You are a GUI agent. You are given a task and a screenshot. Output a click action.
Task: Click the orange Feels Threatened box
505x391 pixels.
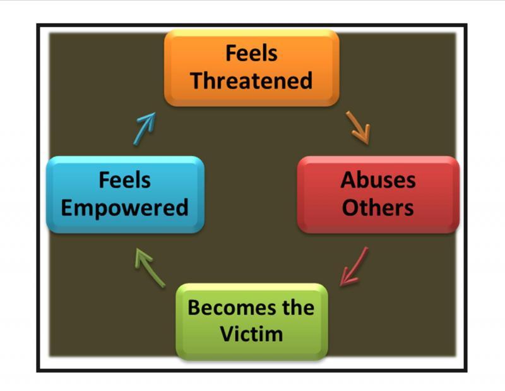click(251, 67)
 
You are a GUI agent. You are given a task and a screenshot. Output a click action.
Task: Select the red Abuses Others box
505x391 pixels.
click(377, 194)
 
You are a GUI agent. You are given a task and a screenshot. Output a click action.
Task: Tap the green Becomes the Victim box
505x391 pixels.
click(251, 321)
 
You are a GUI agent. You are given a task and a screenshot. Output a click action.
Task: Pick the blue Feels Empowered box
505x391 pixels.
click(125, 194)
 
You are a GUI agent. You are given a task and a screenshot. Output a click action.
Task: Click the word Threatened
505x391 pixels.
click(251, 80)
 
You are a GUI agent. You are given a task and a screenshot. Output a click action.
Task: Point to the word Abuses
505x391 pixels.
click(378, 180)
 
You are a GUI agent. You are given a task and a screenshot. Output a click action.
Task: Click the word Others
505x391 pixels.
click(378, 207)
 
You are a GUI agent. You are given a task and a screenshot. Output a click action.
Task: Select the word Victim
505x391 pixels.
click(251, 334)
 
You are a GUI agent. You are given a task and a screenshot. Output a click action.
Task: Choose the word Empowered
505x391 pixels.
click(125, 207)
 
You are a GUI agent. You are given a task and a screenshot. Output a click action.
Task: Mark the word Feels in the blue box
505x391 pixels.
click(125, 180)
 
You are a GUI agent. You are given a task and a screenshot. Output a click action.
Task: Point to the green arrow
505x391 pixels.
click(150, 266)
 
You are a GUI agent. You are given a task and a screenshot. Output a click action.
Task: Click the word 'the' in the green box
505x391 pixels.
click(299, 308)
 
